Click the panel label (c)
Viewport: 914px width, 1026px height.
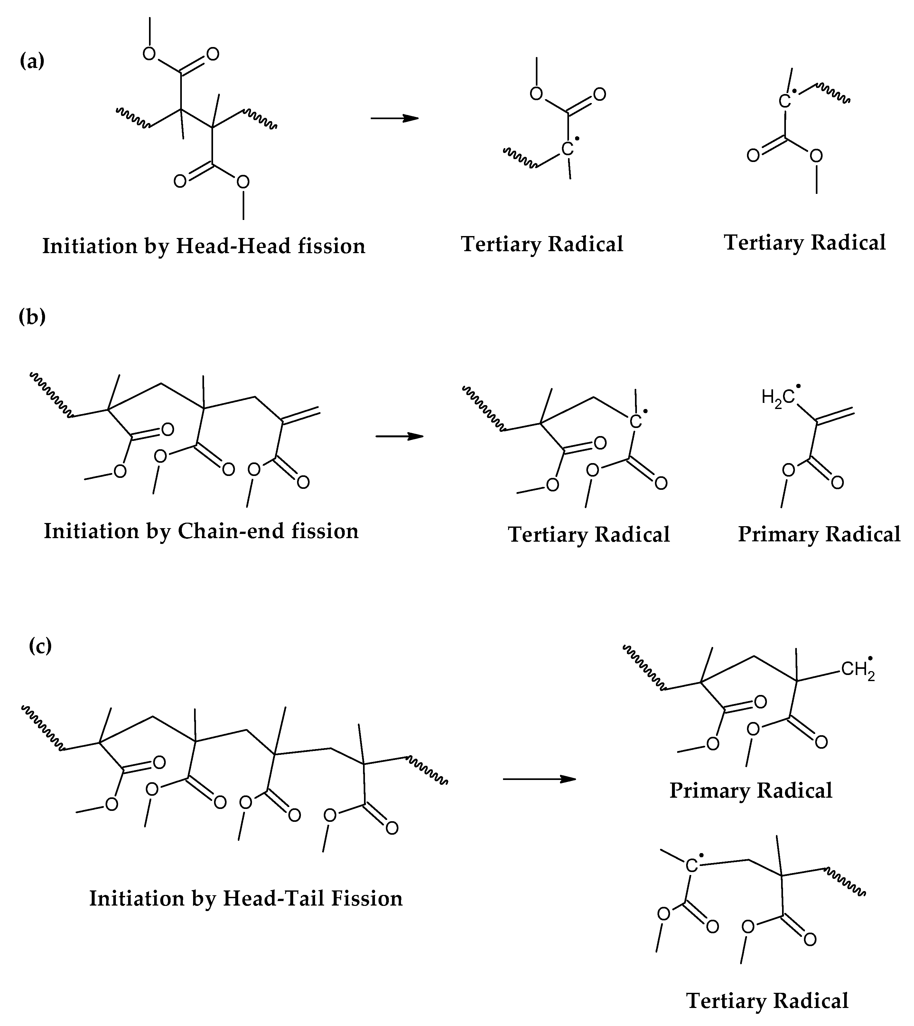[x=40, y=646]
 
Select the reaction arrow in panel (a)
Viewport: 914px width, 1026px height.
[x=394, y=118]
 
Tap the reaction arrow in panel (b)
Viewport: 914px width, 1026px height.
[x=399, y=436]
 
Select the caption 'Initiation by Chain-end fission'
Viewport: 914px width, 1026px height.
[x=201, y=531]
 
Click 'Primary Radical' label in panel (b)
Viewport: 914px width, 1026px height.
[x=819, y=534]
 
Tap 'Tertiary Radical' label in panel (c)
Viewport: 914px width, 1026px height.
[x=767, y=1001]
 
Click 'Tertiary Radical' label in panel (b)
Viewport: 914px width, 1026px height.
[x=589, y=535]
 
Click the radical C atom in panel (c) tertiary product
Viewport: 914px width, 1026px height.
[x=692, y=865]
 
